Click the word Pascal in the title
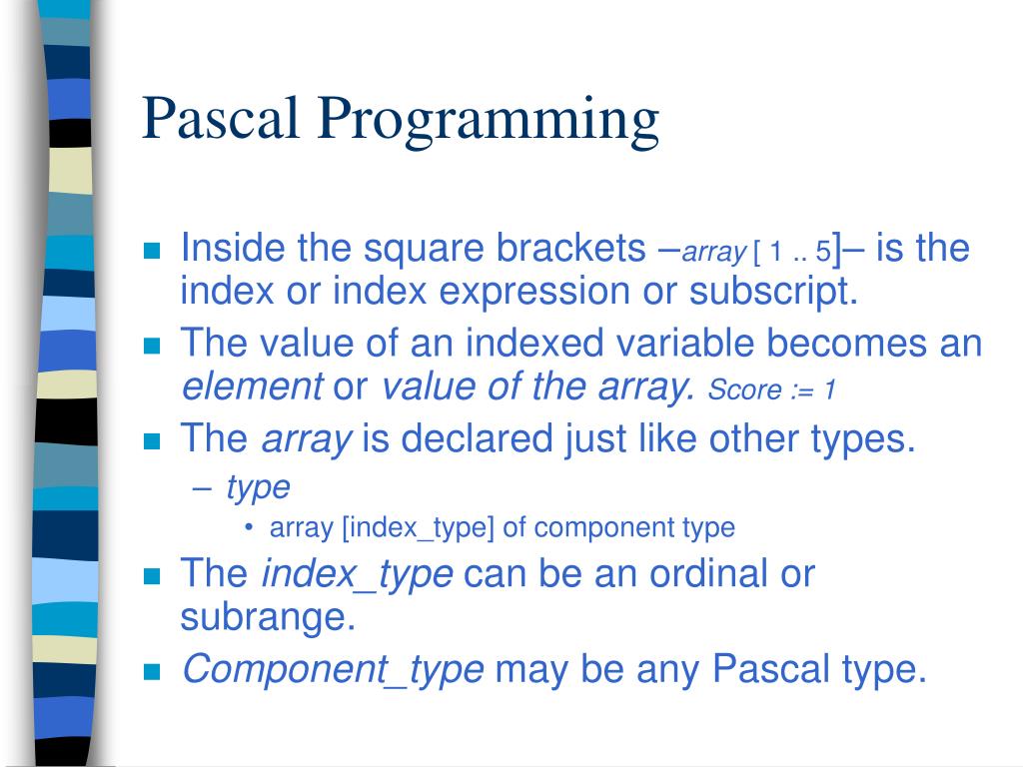click(x=221, y=118)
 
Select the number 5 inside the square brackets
click(x=823, y=251)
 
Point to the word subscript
click(x=774, y=292)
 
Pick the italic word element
click(x=253, y=386)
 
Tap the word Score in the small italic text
click(x=744, y=390)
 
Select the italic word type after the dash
click(x=259, y=488)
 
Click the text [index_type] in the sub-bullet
click(x=419, y=527)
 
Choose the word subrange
click(x=268, y=617)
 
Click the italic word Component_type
click(x=333, y=669)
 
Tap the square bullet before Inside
click(x=152, y=251)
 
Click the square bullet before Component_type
click(x=152, y=672)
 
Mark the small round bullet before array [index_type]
click(x=249, y=527)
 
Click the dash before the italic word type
click(x=202, y=488)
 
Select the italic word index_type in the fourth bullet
click(x=357, y=574)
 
